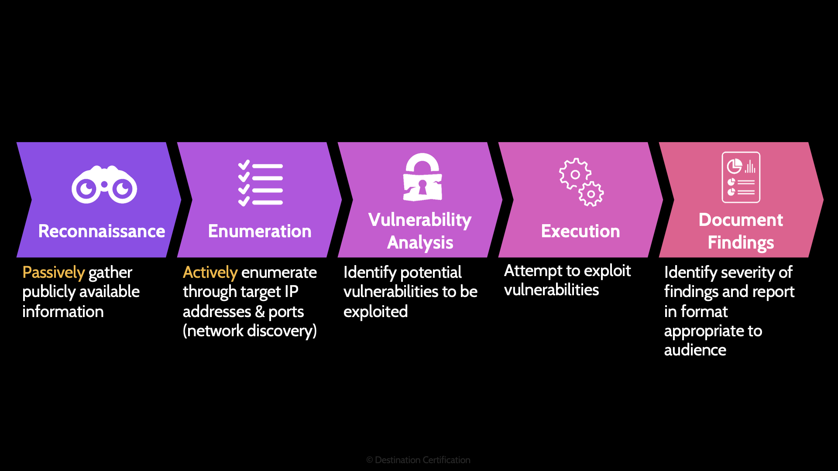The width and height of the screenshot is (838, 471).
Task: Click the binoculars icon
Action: tap(104, 185)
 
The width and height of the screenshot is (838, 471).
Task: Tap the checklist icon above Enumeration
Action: tap(261, 184)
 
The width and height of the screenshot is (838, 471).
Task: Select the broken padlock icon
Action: tap(422, 177)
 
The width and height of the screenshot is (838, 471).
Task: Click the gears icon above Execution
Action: tap(581, 182)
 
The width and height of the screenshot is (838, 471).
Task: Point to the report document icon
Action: tap(741, 177)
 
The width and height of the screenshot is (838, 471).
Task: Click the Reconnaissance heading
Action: tap(102, 231)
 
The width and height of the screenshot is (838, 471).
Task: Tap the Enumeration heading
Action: tap(260, 231)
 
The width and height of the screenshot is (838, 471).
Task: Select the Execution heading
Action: tap(580, 231)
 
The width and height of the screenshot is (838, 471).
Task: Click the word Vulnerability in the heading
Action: tap(420, 220)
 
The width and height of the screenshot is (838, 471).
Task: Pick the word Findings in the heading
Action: tap(741, 242)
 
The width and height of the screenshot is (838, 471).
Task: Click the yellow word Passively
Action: tap(53, 273)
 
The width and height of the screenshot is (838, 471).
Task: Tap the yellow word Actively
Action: tap(210, 273)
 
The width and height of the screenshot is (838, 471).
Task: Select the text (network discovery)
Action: tap(250, 331)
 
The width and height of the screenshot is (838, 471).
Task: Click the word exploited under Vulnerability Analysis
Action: tap(375, 311)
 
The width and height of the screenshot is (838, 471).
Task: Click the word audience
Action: tap(695, 350)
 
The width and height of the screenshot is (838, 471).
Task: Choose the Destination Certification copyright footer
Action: tap(418, 460)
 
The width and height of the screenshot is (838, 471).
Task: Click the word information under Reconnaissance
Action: tap(63, 311)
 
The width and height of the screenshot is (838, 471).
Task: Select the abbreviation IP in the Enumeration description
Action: tap(291, 292)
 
